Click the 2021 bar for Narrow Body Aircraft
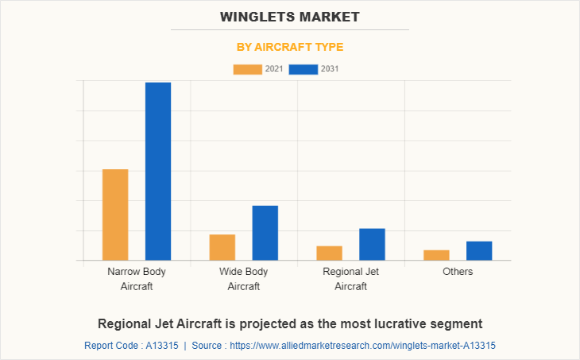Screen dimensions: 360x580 [115, 215]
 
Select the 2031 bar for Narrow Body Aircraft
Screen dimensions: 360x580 [158, 171]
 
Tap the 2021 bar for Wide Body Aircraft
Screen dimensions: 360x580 [222, 247]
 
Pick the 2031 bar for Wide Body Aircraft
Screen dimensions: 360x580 [265, 233]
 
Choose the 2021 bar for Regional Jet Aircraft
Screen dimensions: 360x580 [329, 253]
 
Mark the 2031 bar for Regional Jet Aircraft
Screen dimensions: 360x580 [372, 244]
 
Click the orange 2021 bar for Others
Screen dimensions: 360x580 [436, 255]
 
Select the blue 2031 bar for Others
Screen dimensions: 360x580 [479, 250]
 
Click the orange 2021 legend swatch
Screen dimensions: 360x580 [247, 69]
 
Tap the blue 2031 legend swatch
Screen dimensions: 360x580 [304, 69]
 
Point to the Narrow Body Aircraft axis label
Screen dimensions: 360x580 [137, 279]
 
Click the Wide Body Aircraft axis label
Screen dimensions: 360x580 [244, 279]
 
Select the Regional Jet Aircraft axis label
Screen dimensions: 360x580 [350, 279]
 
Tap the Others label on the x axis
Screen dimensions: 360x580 [458, 272]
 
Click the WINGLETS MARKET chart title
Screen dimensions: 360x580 [290, 17]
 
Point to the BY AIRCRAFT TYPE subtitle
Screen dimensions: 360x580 [290, 47]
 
